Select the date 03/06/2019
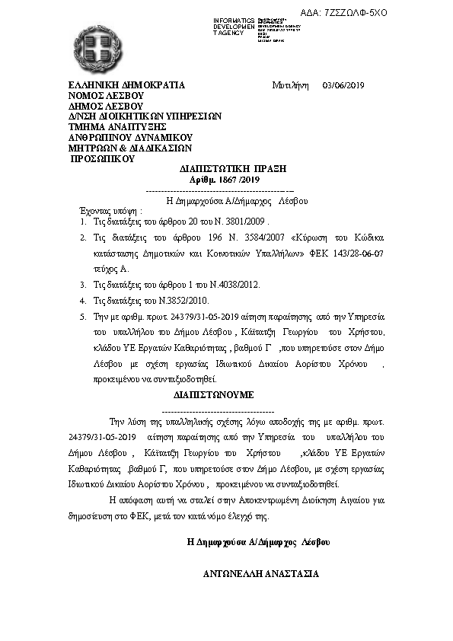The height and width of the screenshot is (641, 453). (x=344, y=85)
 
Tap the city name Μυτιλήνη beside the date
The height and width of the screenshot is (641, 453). (x=289, y=85)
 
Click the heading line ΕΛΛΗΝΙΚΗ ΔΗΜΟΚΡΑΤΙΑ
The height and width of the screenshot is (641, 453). (x=126, y=85)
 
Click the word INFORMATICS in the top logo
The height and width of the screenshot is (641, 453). (x=234, y=20)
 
